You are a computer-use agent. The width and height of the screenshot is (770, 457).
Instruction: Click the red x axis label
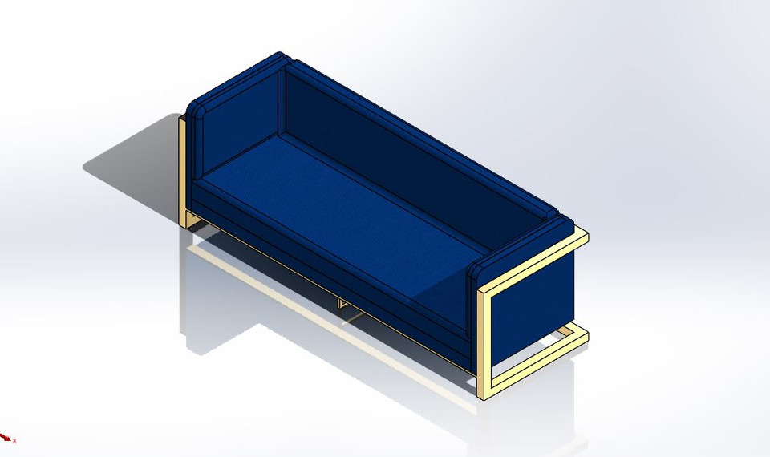(x=14, y=440)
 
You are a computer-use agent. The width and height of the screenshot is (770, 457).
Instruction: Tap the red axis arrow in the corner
(x=6, y=437)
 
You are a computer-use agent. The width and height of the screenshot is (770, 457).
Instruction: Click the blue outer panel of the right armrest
(x=533, y=305)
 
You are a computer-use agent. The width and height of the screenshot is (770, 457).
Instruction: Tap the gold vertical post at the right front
(x=484, y=345)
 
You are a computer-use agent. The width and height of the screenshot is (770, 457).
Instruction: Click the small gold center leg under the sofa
(x=342, y=304)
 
